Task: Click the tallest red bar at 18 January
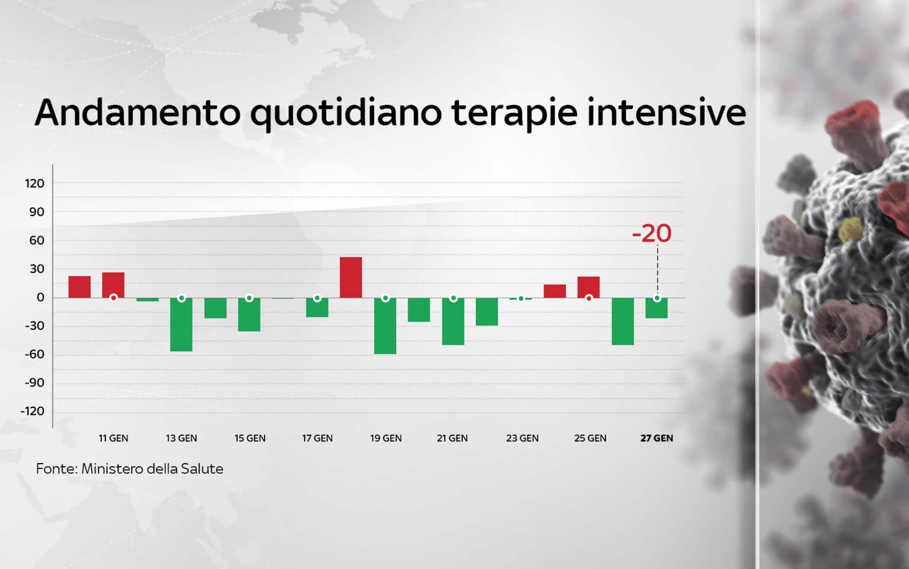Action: coord(351,278)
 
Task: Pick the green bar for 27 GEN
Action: coord(656,309)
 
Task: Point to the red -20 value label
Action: coord(652,233)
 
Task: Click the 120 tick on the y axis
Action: coord(35,184)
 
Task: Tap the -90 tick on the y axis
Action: coord(35,383)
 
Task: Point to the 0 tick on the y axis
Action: coord(40,298)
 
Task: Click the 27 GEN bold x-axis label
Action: coord(656,438)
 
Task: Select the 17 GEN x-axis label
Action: coord(317,438)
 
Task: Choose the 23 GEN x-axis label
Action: coord(522,438)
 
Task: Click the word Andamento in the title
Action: coord(138,113)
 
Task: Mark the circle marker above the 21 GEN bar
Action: coord(453,298)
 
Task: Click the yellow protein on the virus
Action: coord(850,230)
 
